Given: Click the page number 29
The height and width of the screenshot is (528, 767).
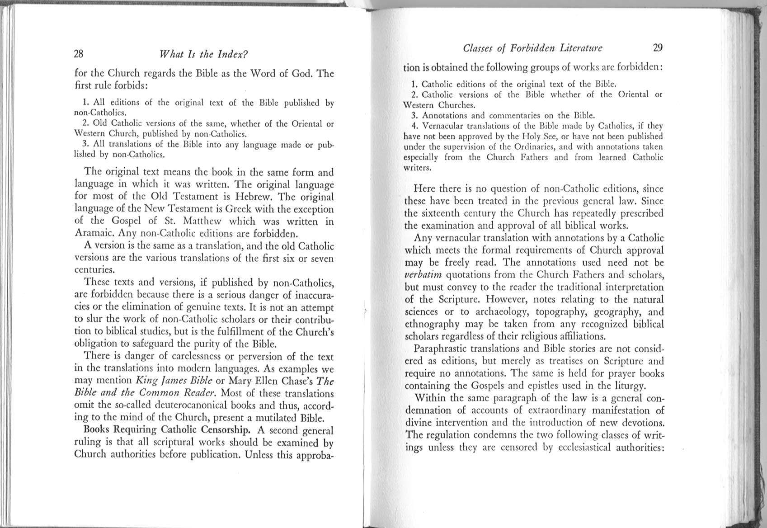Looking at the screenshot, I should (658, 48).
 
